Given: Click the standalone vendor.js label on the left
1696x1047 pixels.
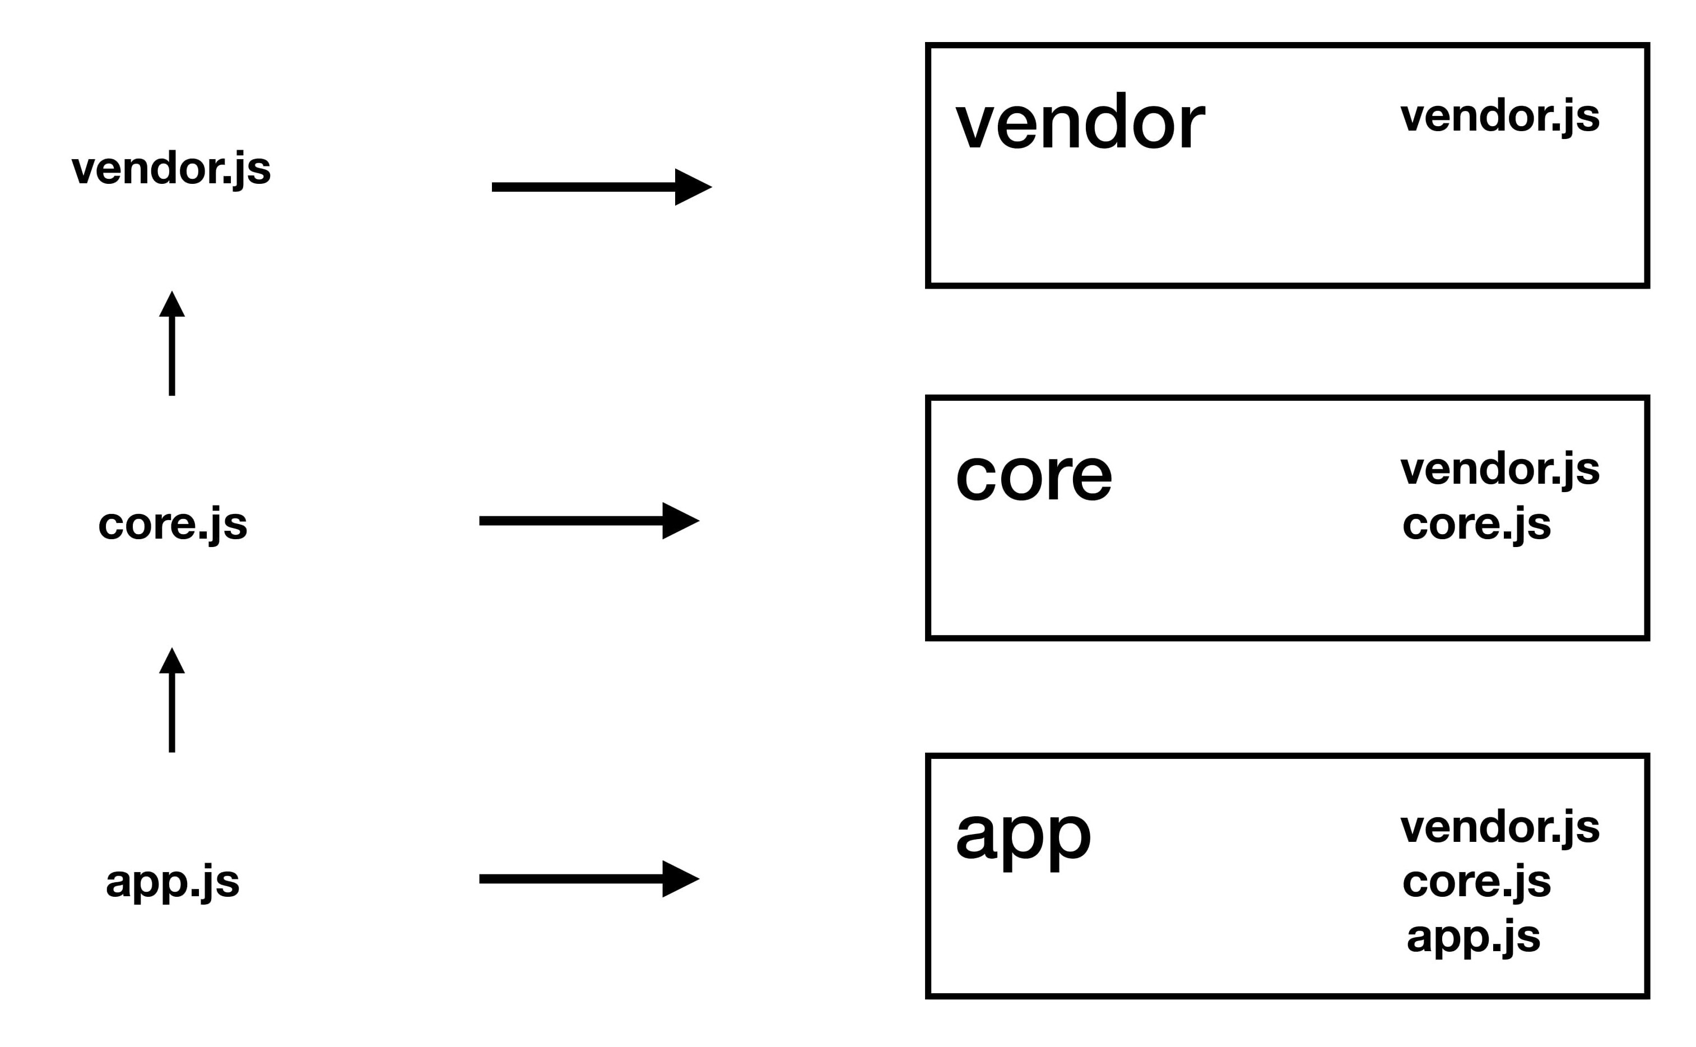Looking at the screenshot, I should coord(171,168).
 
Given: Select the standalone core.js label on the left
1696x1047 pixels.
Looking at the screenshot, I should coord(173,524).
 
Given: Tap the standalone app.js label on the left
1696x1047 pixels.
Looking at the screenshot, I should coord(173,882).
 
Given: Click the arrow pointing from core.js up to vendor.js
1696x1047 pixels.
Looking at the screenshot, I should coord(171,346).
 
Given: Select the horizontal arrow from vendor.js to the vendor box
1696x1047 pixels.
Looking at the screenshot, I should coord(596,187).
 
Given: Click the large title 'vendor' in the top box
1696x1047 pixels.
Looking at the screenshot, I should coord(1080,123).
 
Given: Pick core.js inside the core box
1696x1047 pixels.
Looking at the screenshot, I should coord(1476,524).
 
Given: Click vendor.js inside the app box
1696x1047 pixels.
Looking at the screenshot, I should coord(1499,827).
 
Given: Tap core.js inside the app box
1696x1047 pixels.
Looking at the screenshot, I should coord(1476,882).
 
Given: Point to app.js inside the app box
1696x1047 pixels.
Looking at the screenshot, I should coord(1474,936).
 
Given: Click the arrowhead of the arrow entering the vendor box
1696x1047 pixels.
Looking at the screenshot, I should coord(693,187).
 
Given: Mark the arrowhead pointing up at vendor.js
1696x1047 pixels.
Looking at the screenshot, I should coord(171,305).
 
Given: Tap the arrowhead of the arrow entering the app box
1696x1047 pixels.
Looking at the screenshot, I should coord(680,879).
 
